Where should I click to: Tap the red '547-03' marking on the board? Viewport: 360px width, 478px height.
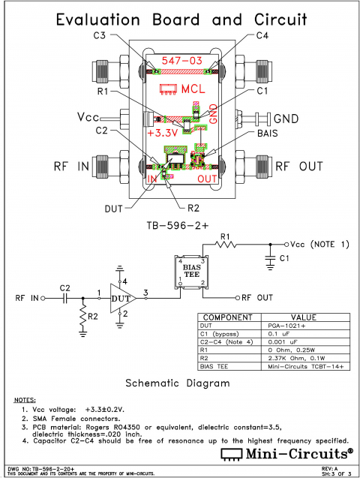coord(182,61)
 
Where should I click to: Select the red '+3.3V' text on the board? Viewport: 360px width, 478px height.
coord(162,133)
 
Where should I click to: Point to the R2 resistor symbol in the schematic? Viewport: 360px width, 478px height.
coord(82,319)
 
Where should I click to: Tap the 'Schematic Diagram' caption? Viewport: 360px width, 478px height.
coord(177,382)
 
